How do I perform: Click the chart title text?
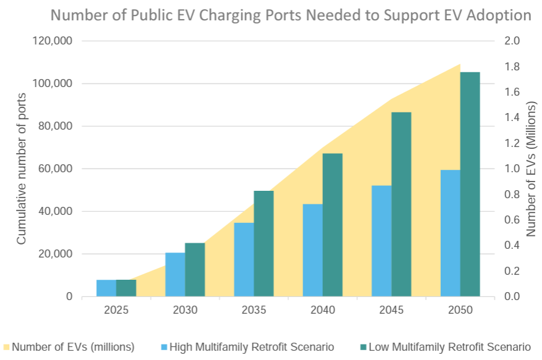(x=291, y=15)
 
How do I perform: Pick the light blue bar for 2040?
(x=312, y=250)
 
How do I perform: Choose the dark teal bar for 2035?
(x=264, y=243)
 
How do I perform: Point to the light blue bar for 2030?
(x=175, y=274)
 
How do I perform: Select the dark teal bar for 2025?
(x=126, y=288)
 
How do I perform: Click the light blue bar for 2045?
(x=381, y=241)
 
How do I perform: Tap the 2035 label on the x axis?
(x=254, y=309)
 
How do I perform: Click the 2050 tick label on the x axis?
(x=460, y=309)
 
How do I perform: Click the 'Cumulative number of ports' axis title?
(x=22, y=169)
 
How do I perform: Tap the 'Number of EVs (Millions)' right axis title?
(x=530, y=169)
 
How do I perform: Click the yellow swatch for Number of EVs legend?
(x=7, y=346)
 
